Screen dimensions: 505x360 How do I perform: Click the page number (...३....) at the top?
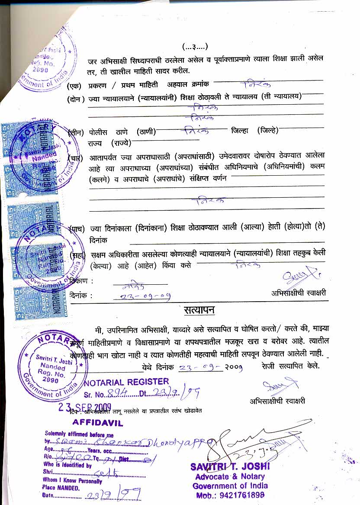195,46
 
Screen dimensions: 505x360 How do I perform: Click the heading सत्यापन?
199,310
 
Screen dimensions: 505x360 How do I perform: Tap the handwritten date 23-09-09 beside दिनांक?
141,296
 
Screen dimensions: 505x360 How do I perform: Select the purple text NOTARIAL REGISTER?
126,382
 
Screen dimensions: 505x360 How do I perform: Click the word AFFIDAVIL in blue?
98,422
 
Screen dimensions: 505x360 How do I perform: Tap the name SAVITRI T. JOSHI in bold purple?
230,466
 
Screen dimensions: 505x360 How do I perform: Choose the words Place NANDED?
61,488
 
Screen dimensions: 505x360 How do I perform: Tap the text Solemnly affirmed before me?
79,434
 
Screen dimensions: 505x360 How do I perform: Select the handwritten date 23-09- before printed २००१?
200,367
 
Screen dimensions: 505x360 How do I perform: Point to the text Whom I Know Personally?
72,480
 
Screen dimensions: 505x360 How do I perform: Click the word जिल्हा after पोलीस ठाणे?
240,131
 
